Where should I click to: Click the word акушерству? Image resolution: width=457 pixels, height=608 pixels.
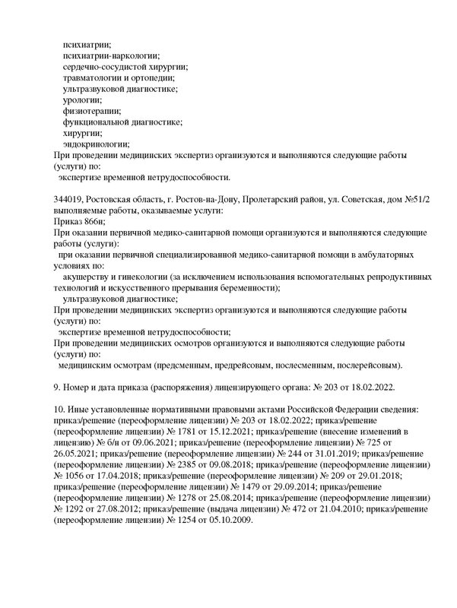94,277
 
